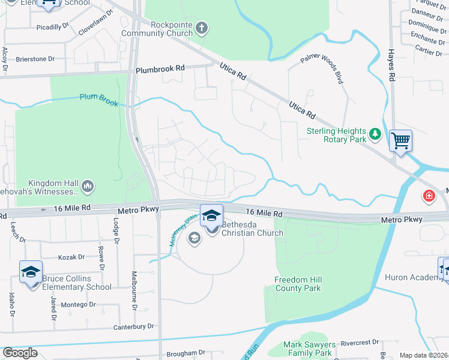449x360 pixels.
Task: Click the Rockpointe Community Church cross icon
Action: [x=202, y=27]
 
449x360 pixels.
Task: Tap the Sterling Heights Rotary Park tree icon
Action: [x=375, y=134]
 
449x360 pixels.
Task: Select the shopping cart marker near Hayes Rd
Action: [x=400, y=141]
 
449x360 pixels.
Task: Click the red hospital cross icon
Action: [x=429, y=195]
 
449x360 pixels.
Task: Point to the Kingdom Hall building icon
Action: [x=88, y=187]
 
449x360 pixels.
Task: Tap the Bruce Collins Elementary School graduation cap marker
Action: [x=31, y=272]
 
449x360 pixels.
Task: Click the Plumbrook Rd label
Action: [x=160, y=70]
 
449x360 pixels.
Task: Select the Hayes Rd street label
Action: [x=391, y=65]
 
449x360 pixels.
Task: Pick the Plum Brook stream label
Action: [x=99, y=99]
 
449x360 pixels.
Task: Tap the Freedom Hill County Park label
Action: [x=298, y=284]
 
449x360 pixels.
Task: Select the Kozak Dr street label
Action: [x=71, y=257]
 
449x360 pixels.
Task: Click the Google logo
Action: [x=20, y=353]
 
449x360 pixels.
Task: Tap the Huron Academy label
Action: [x=418, y=277]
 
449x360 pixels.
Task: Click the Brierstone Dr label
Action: [x=35, y=59]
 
